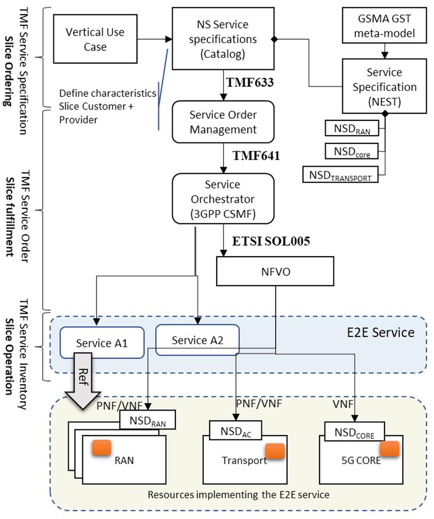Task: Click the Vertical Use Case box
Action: point(95,39)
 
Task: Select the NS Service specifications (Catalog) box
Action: point(223,38)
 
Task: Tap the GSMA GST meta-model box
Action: point(384,25)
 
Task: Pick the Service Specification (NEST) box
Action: point(384,86)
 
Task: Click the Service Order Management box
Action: point(223,122)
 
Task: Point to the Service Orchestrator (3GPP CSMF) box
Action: point(223,198)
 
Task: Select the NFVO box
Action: point(275,271)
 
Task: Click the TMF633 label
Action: point(250,82)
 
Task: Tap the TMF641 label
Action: point(256,155)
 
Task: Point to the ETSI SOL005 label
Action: point(271,241)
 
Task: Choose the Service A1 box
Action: point(102,343)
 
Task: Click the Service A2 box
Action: point(197,340)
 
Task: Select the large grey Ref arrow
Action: point(83,380)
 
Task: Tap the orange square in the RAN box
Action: point(101,448)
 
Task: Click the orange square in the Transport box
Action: point(275,451)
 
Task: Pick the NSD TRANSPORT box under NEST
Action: point(340,175)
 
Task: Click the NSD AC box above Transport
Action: point(236,430)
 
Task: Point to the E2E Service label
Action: point(381,332)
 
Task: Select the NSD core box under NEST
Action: point(351,151)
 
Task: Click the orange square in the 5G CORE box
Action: point(389,449)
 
